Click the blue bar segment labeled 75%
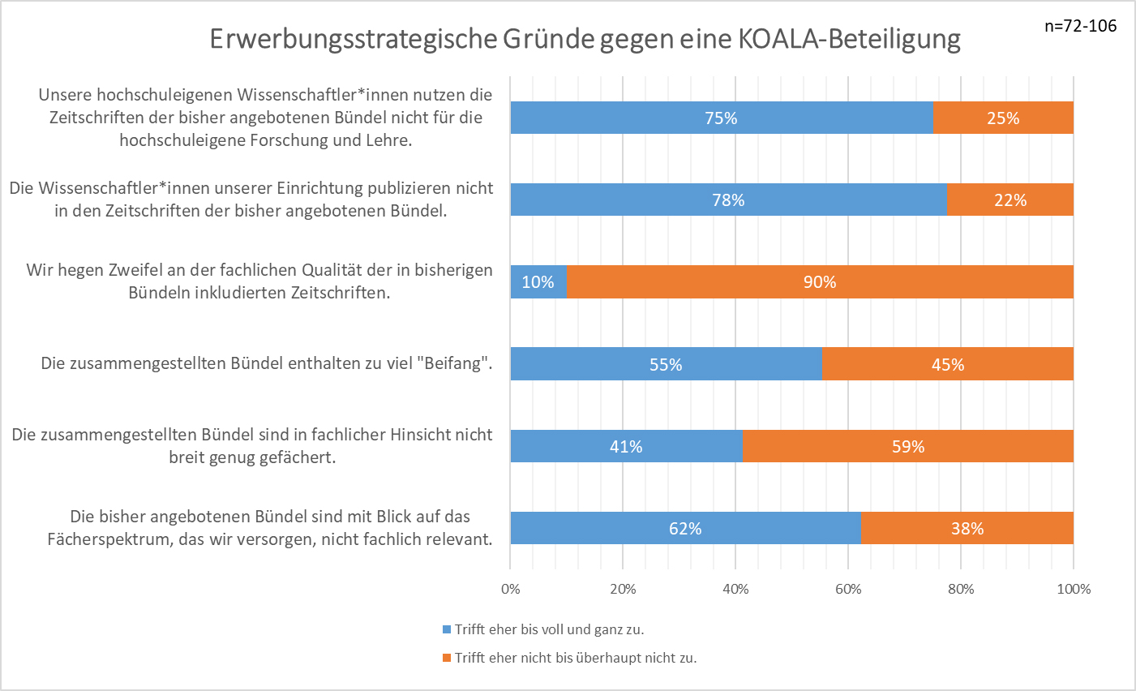722,118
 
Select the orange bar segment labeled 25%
1003,118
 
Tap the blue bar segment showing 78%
728,200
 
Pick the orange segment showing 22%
1010,200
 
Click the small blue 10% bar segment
538,282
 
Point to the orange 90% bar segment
820,282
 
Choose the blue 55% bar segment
666,364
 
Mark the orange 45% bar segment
947,364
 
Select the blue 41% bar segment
626,447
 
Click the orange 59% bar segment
907,447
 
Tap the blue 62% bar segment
685,529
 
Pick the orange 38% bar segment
967,529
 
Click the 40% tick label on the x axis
735,590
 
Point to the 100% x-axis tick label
1074,590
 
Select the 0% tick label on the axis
511,590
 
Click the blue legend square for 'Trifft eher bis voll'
446,629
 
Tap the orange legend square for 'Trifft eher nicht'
446,658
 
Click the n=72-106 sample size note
1080,26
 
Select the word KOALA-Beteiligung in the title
849,39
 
